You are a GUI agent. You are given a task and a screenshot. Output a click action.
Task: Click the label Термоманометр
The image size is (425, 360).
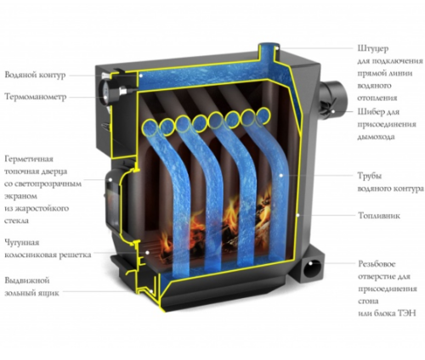(x=36, y=97)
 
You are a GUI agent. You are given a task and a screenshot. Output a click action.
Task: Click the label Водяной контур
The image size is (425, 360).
(x=35, y=75)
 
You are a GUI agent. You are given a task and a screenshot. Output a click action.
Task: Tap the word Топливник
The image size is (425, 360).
(x=379, y=216)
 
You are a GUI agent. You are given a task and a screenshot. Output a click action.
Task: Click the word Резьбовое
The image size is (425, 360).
(x=377, y=264)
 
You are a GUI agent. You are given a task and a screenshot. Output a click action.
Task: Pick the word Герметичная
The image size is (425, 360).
(x=29, y=159)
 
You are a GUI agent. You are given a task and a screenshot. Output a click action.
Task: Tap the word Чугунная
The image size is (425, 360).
(x=22, y=243)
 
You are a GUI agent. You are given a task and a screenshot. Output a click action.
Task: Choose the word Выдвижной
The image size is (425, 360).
(x=27, y=280)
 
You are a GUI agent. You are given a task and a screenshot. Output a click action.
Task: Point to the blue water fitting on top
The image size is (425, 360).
(x=268, y=53)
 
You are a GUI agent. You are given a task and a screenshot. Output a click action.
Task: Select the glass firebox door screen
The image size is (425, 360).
(x=112, y=205)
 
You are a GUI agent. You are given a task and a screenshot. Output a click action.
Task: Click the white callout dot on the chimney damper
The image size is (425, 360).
(x=333, y=111)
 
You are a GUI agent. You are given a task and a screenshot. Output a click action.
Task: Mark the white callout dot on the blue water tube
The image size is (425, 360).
(x=280, y=176)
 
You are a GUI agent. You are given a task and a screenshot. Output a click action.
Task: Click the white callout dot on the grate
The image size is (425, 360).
(x=147, y=252)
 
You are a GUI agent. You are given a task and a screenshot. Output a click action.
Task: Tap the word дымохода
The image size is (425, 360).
(x=376, y=137)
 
